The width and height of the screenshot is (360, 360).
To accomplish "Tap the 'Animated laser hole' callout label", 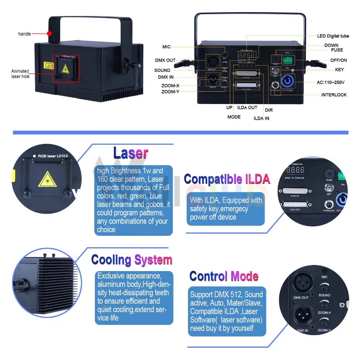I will (x=20, y=74).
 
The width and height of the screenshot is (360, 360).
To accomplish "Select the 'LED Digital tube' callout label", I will (x=333, y=36).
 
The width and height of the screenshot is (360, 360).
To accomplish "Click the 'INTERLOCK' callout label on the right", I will (x=334, y=95).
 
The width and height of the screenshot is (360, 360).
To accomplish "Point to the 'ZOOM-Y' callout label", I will (x=170, y=92).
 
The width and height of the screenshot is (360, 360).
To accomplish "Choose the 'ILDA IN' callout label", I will (x=261, y=118).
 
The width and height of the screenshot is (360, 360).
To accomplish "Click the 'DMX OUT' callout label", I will (x=165, y=60).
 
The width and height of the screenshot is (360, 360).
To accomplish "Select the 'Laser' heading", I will (x=130, y=153).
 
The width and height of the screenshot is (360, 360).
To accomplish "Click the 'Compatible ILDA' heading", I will (x=227, y=179).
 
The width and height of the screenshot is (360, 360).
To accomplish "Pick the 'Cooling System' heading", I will (x=132, y=260).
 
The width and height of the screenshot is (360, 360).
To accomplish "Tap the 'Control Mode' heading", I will (x=224, y=276).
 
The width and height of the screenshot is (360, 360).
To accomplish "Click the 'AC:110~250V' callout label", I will (x=331, y=82).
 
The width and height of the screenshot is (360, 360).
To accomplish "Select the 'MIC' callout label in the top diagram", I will (x=166, y=47).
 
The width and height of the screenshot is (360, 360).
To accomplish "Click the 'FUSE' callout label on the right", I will (x=337, y=50).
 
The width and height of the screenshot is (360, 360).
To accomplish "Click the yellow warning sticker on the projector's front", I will (x=48, y=66).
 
